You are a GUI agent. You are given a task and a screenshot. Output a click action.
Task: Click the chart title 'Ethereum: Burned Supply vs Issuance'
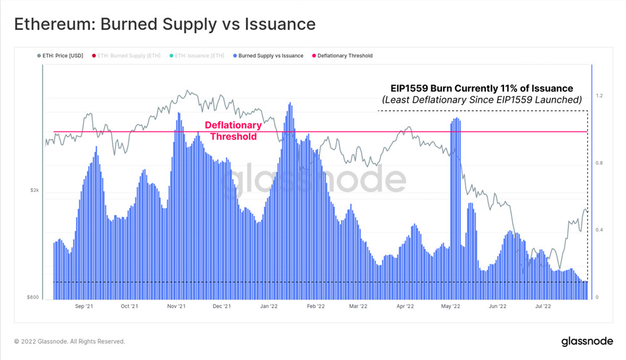point(165,24)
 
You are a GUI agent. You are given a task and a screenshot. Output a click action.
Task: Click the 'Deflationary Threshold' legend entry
point(344,56)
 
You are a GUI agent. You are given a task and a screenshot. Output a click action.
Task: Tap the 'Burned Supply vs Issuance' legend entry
point(270,56)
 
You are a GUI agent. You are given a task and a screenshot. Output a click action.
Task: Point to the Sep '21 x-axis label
point(84,307)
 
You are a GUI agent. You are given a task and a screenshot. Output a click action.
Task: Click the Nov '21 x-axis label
point(177,307)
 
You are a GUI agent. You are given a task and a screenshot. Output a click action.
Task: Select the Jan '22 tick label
point(269,307)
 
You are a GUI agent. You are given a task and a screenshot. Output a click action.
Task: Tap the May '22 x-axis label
point(451,307)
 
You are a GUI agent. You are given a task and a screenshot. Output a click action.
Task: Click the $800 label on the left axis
point(33,297)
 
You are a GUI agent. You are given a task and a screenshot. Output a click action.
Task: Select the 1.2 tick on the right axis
point(600,96)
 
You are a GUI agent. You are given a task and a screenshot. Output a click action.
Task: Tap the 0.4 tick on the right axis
point(600,230)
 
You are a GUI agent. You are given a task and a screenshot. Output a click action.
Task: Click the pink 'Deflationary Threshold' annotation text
point(233,131)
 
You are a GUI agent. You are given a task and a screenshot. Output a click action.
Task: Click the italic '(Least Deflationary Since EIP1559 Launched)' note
point(482,100)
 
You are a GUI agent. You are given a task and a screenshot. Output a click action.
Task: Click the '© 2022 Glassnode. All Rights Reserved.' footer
point(69,341)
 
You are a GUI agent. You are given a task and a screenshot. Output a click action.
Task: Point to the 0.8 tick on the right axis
point(600,163)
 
